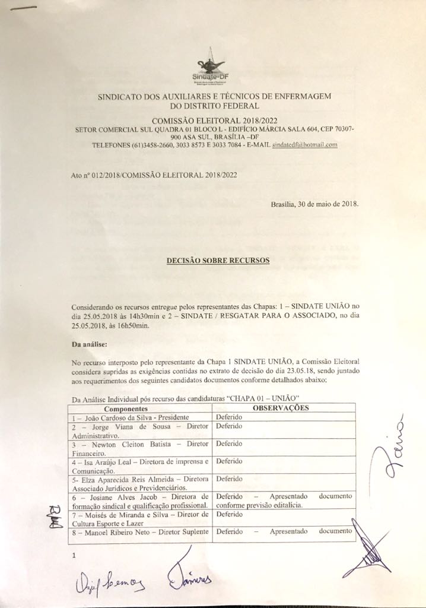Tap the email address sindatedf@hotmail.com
click(x=304, y=145)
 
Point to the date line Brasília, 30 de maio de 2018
click(x=314, y=204)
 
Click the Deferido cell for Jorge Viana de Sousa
click(x=229, y=426)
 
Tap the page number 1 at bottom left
click(x=74, y=556)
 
